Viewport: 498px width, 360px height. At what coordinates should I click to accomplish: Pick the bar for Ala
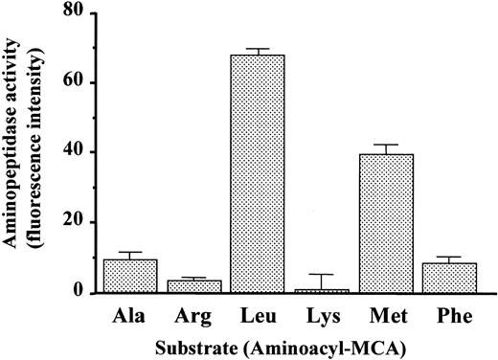(x=130, y=276)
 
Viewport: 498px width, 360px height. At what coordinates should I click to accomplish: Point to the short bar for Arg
(x=194, y=286)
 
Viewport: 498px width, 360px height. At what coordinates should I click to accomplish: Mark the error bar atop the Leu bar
(x=259, y=50)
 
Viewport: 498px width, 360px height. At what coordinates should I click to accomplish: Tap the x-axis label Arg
(x=194, y=315)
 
